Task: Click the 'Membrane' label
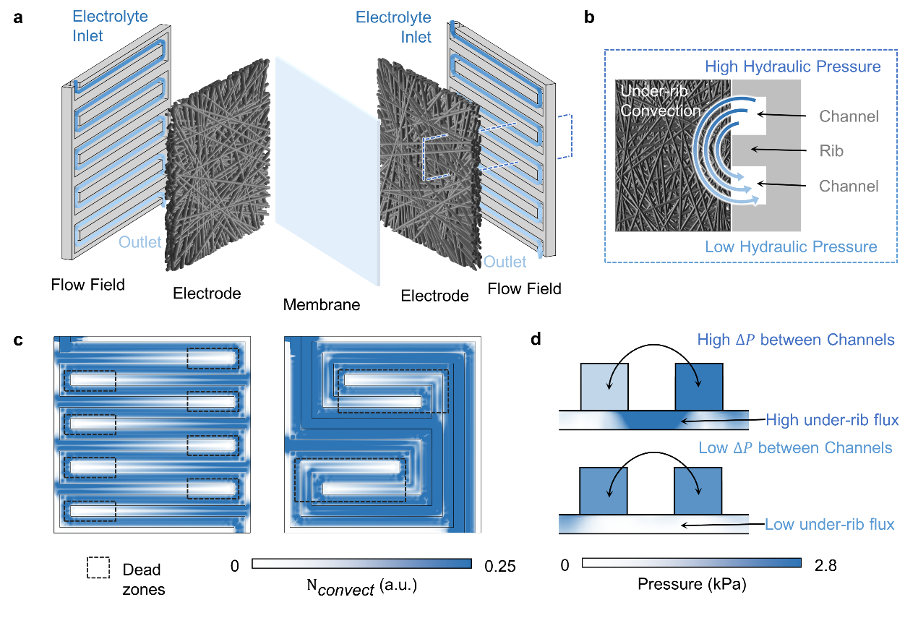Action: tap(321, 305)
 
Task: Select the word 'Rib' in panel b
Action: tap(832, 151)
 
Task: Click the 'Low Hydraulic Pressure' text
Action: tap(791, 247)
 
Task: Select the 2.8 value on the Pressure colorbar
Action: tap(823, 566)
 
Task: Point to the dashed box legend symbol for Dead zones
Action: tap(98, 568)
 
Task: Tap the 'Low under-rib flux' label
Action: tap(829, 525)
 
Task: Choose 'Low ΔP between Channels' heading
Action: tap(795, 448)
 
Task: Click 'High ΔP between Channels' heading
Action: tap(796, 339)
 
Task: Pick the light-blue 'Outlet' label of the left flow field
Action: tap(140, 242)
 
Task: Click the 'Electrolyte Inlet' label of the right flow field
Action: tap(394, 27)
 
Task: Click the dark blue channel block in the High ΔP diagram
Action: tap(698, 386)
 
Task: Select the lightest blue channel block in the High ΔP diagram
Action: tap(604, 386)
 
